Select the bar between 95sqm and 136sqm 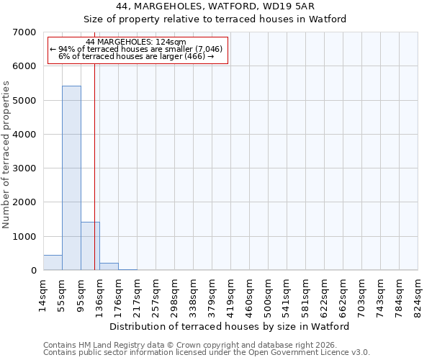pos(90,246)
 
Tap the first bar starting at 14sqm pos(53,263)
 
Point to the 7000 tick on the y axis pos(24,32)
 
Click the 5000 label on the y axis pos(24,101)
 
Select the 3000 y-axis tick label pos(24,168)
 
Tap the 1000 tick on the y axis pos(24,237)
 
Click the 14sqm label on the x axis pos(44,291)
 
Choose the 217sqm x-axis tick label pos(138,292)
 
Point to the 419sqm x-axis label pos(230,292)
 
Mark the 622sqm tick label pos(324,292)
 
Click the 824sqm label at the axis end pos(418,292)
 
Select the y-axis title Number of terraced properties pos(7,155)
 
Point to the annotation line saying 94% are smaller pos(136,49)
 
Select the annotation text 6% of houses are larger pos(136,56)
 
